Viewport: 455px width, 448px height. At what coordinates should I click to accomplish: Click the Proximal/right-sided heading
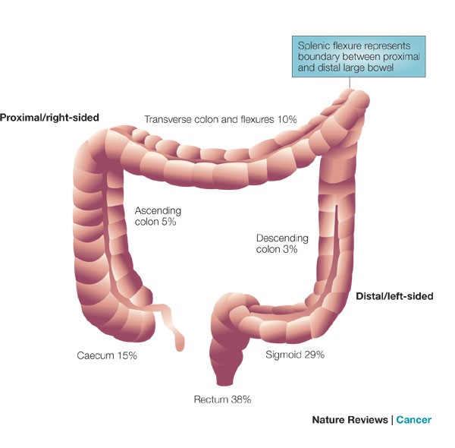pyautogui.click(x=50, y=118)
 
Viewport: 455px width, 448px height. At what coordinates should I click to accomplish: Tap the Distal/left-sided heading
pyautogui.click(x=394, y=296)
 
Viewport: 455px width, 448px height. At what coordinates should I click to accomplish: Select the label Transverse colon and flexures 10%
pyautogui.click(x=220, y=119)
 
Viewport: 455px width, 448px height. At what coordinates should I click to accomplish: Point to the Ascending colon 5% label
pyautogui.click(x=158, y=216)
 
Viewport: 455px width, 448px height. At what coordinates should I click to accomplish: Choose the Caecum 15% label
pyautogui.click(x=107, y=355)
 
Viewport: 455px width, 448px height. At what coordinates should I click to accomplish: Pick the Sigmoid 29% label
pyautogui.click(x=297, y=355)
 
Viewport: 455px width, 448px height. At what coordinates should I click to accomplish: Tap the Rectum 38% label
pyautogui.click(x=221, y=399)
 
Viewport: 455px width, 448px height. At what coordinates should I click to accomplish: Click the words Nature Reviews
pyautogui.click(x=350, y=419)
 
